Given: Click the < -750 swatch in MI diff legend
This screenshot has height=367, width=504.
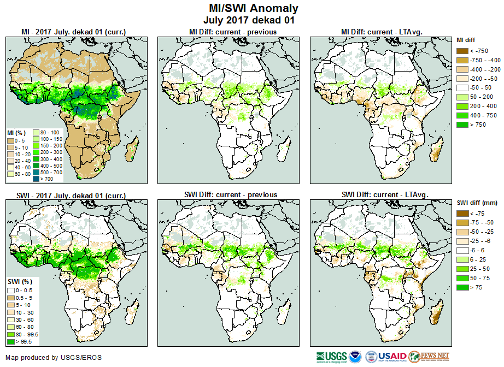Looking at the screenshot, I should click(x=462, y=51).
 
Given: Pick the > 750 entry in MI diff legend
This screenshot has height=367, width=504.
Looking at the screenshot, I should click(x=462, y=125).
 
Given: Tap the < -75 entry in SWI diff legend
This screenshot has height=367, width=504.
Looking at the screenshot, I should click(x=462, y=214).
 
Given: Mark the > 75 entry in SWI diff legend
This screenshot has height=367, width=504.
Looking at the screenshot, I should click(x=462, y=287).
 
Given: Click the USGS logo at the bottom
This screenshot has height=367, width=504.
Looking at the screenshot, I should click(x=331, y=356).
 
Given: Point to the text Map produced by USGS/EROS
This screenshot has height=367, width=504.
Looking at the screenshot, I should click(x=54, y=358).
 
